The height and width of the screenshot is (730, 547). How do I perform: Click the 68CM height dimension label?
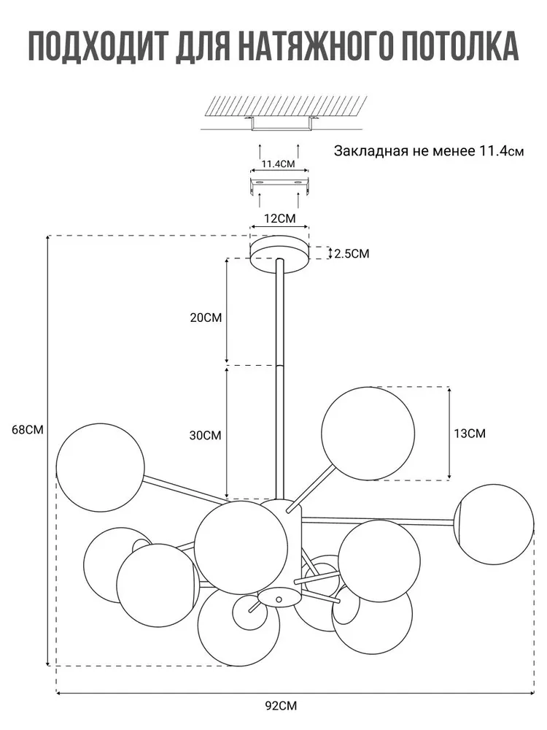[x=28, y=430]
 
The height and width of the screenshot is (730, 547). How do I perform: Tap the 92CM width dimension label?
[x=281, y=706]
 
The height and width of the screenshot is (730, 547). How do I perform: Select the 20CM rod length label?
[x=206, y=318]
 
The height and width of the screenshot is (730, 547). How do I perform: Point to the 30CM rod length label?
[x=205, y=436]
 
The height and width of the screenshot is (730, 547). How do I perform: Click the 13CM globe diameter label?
[x=470, y=434]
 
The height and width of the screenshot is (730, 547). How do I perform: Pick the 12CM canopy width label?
[x=279, y=218]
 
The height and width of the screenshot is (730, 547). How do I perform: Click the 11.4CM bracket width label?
[x=278, y=164]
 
